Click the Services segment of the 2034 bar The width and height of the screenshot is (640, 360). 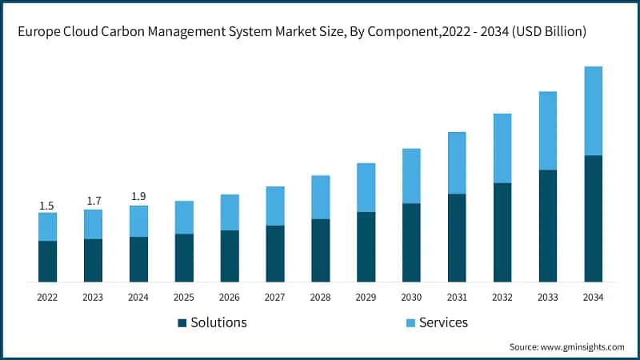coord(593,110)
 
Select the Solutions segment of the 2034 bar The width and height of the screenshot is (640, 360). coord(593,218)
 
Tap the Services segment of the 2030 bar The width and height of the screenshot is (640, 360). coord(411,175)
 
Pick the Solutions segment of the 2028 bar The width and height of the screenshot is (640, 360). coord(320,250)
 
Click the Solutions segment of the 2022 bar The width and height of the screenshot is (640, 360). coord(47,261)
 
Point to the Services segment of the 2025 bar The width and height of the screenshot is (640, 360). coord(184,217)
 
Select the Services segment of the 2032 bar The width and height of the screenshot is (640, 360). coord(502,148)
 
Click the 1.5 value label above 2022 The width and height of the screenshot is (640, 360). coord(47,206)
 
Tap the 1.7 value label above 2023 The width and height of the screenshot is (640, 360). coord(93,202)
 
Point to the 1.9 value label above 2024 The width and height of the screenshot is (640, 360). coord(138,197)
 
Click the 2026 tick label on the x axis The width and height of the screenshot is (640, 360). coord(230,297)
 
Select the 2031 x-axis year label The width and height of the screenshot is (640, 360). coord(457,297)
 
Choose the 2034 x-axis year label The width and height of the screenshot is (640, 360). coord(593,297)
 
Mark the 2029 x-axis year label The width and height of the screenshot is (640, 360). coord(366,297)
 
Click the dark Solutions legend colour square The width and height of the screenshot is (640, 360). coord(182,323)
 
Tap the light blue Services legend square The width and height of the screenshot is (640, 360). coord(410,323)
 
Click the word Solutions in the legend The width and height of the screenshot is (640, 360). coord(218,322)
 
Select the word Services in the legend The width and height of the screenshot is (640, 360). coord(443,322)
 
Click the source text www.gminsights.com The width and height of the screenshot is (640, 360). coord(583,347)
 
